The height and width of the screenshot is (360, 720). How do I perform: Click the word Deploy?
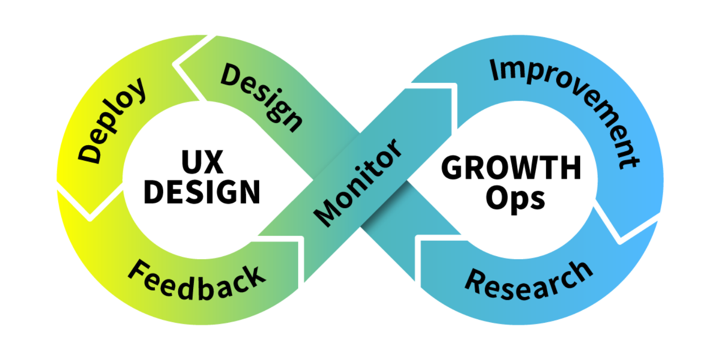[x=112, y=120]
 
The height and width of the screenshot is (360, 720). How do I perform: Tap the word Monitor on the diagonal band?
[x=358, y=182]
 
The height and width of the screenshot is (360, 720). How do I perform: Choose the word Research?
[x=529, y=281]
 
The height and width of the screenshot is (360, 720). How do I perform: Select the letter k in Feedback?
[x=253, y=277]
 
